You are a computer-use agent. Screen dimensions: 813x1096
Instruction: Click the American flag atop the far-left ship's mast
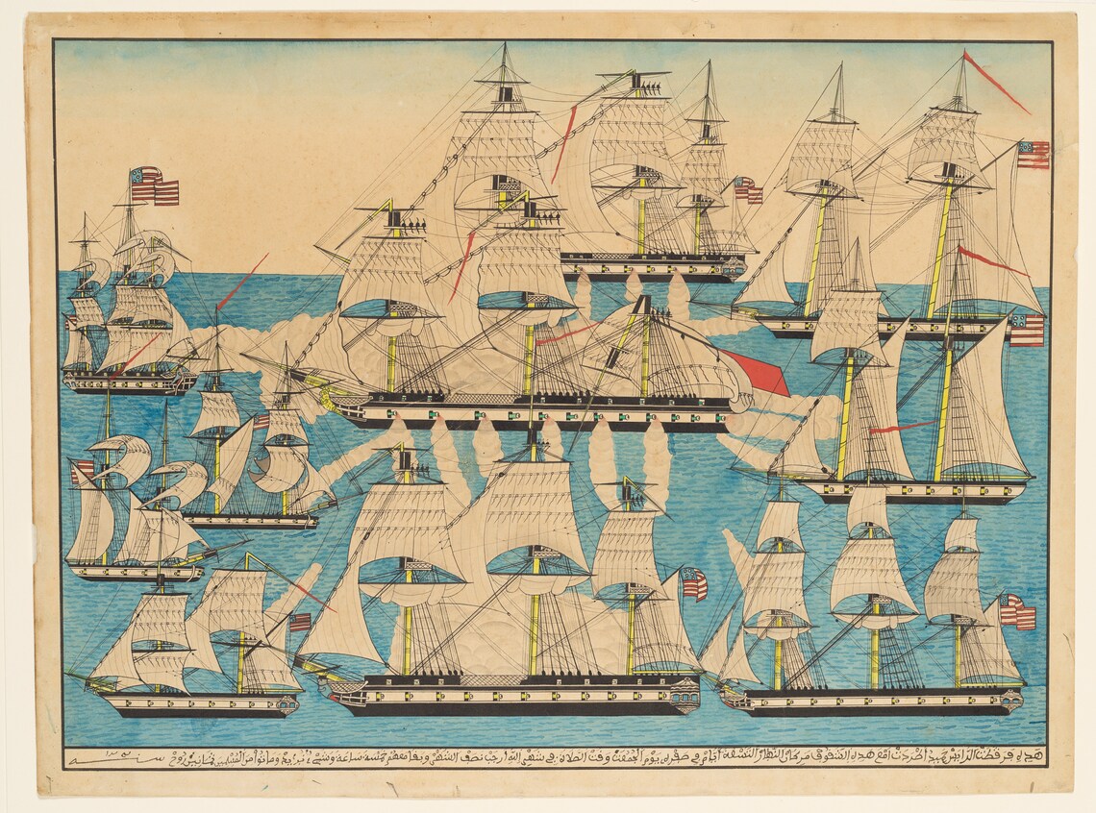tap(154, 186)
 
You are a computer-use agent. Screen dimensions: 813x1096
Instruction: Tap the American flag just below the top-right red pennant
tap(1032, 155)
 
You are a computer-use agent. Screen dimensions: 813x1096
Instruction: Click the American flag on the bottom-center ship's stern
tap(693, 583)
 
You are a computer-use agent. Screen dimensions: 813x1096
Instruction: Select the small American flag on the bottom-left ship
tap(300, 622)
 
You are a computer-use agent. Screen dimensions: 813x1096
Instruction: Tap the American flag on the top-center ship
tap(748, 190)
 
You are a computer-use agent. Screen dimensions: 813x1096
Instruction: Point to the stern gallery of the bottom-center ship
tap(685, 690)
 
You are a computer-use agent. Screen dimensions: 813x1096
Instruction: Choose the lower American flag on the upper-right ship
tap(1026, 330)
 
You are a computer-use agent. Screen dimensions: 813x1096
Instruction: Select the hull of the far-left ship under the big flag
tap(130, 383)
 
